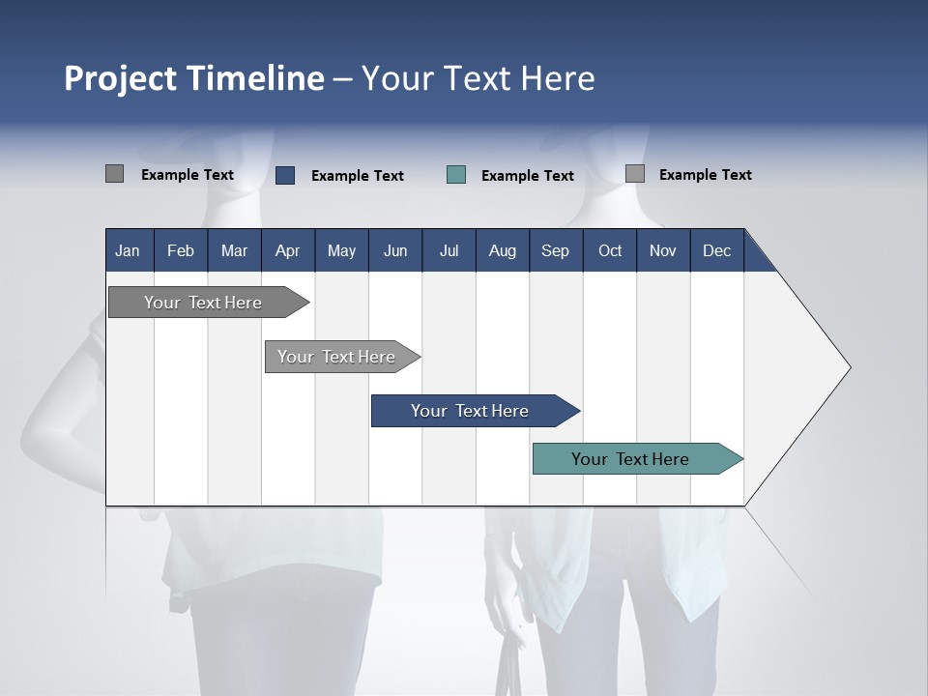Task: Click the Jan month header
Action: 129,250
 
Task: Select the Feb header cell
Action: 181,250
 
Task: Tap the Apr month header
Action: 288,250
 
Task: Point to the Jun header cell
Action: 395,250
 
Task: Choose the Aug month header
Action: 503,250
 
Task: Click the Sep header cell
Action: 556,250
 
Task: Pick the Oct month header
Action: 610,250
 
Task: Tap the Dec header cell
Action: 717,250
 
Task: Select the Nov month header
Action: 663,250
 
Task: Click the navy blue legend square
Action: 285,175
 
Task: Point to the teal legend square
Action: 456,175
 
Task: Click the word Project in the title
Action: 120,78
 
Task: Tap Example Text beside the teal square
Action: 528,176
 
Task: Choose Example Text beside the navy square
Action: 358,176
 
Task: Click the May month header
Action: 341,250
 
